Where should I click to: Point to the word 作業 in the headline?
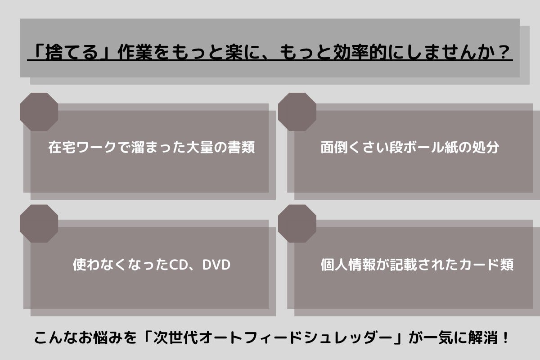click(x=135, y=52)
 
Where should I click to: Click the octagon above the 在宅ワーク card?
click(x=39, y=112)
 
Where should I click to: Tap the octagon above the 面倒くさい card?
click(x=297, y=112)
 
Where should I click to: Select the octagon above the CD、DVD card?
click(x=39, y=224)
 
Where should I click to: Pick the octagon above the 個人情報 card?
click(x=297, y=224)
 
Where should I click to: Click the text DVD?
click(x=216, y=265)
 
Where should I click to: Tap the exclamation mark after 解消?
click(x=505, y=337)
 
